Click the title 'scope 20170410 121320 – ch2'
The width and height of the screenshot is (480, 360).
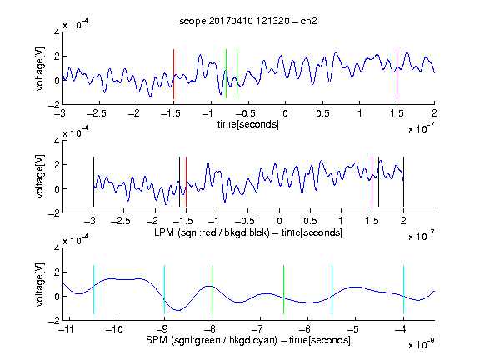[248, 21]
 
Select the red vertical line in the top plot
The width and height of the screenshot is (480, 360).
[173, 74]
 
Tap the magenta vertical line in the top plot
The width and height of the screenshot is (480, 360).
[397, 74]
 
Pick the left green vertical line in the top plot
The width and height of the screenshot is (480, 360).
[226, 74]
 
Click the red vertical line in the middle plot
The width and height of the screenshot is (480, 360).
[186, 182]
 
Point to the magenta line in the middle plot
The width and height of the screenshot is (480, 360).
[372, 182]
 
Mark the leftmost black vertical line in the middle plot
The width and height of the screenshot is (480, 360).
[93, 182]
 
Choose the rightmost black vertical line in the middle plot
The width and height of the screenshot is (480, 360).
[403, 182]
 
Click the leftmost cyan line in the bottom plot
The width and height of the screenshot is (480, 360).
[93, 290]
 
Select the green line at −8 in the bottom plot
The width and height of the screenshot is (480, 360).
[212, 290]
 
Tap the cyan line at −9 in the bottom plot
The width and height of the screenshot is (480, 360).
[165, 290]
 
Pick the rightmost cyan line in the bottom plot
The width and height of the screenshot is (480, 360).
[404, 290]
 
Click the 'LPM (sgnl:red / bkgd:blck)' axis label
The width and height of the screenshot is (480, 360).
[212, 232]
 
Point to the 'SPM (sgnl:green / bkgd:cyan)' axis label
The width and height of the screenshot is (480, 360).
[212, 340]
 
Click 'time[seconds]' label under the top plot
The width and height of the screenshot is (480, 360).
[248, 124]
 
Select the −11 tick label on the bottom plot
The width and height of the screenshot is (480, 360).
[67, 329]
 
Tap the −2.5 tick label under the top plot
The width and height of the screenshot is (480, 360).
[96, 113]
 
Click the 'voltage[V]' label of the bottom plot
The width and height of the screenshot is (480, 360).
[40, 284]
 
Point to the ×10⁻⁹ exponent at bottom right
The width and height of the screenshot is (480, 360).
[422, 344]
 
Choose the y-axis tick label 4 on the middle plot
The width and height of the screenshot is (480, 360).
[57, 141]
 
